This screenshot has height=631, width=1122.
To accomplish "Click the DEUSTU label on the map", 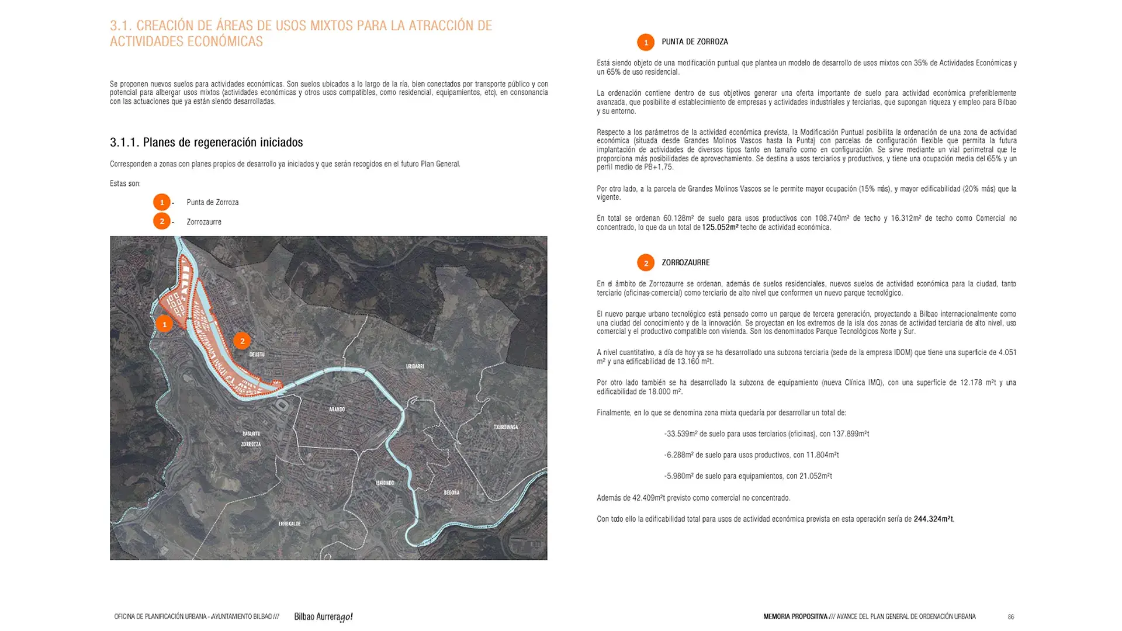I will point(257,355).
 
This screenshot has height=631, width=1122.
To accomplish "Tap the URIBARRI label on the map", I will point(415,366).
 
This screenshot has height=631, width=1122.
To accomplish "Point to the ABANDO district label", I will point(337,410).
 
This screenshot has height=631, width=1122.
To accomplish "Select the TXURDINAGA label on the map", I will point(505,427).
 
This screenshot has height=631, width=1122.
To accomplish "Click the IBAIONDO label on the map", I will point(385,483).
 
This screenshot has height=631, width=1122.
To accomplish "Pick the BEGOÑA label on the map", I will point(451,493).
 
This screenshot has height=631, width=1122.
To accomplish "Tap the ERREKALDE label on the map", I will point(289,523).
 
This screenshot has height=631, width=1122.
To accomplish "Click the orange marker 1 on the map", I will point(164,324).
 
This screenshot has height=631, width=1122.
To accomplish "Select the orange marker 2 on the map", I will point(242,341).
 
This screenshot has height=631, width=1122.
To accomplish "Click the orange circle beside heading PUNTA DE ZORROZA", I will point(646,42).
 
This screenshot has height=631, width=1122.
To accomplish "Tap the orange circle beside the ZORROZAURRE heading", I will point(646,263).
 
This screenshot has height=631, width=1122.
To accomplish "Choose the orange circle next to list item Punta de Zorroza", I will point(162,202).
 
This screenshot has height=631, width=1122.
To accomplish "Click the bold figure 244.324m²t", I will point(933,519).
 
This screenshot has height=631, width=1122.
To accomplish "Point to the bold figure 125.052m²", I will point(720,227).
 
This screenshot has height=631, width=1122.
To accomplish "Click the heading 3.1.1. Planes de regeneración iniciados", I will point(206,143).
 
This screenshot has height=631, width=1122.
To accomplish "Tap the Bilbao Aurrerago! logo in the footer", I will point(323,617).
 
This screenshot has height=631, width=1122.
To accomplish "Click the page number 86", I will point(1010,617).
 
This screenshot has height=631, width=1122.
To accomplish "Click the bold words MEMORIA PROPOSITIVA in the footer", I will point(795,617).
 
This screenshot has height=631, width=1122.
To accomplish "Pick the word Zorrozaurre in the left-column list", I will point(204,222).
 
